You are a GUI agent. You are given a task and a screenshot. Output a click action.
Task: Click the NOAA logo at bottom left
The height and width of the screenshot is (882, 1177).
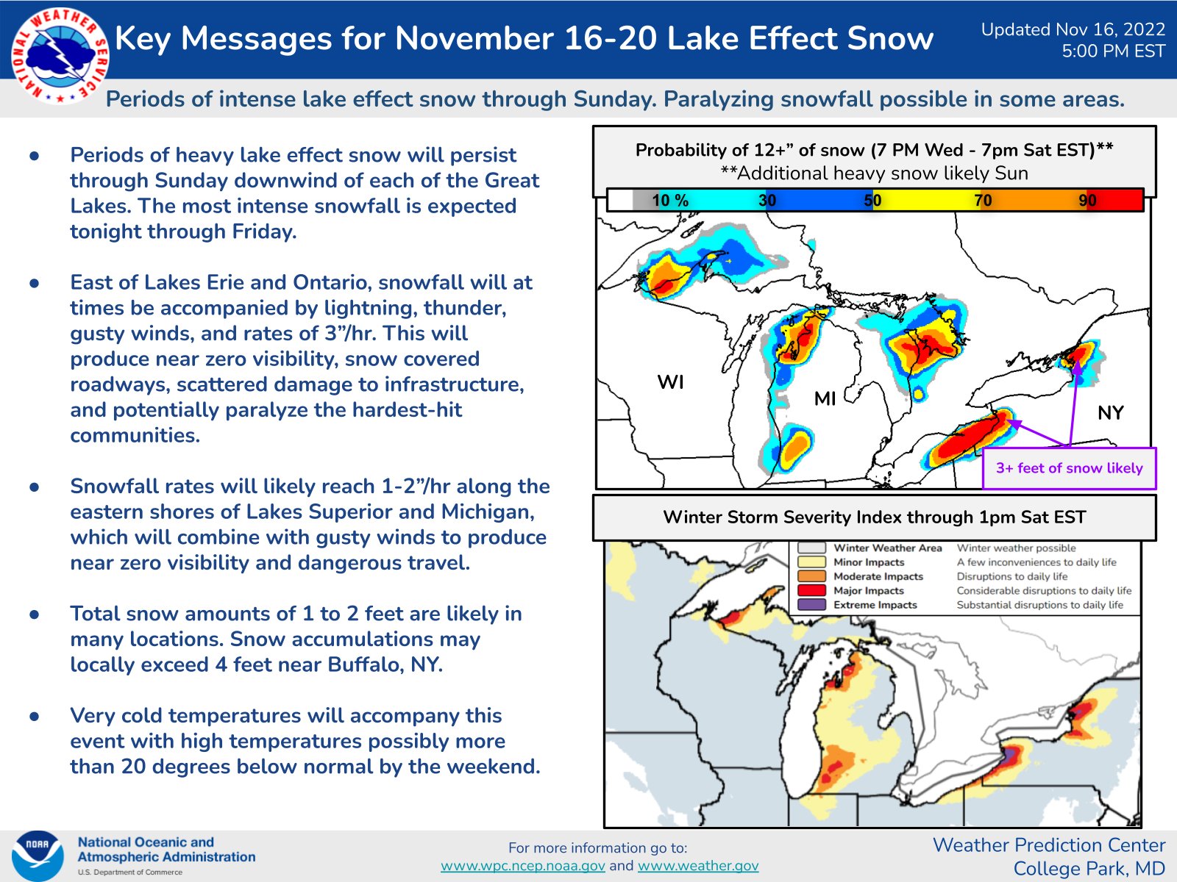coord(37,855)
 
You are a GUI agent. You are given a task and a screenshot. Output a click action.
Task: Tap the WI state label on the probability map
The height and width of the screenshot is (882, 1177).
coord(670,382)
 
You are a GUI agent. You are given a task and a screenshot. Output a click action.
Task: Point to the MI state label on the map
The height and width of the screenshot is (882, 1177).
coord(825,399)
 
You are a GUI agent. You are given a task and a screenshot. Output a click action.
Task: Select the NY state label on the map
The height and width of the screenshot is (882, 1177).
coord(1110,413)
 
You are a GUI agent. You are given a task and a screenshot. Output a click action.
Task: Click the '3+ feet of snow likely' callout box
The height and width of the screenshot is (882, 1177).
coord(1069,468)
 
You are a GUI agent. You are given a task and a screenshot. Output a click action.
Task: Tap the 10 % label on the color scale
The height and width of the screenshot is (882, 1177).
coord(669,200)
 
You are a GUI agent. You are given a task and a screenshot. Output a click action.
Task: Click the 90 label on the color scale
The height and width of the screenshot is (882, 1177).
coord(1087,200)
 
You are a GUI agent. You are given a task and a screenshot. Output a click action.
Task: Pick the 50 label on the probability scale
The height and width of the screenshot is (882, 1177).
coord(872,200)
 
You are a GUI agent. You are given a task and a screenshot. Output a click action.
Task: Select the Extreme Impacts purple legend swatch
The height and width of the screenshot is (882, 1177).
coord(811,605)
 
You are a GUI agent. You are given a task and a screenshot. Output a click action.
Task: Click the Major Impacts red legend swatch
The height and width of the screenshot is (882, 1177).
coord(811,590)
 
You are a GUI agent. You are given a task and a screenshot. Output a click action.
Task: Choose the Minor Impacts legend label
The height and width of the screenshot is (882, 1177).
coord(868,562)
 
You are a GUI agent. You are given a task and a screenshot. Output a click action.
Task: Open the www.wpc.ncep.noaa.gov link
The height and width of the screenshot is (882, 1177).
coord(522,866)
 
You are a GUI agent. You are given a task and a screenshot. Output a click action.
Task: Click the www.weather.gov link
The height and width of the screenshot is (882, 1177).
coord(697,866)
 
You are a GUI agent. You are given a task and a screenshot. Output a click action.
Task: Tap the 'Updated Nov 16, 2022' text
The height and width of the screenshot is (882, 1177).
coord(1073,29)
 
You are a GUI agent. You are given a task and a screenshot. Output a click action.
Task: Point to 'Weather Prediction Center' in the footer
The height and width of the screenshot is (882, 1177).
coord(1049,845)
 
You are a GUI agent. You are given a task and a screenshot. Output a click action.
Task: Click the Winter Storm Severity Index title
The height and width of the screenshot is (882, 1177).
coord(874,517)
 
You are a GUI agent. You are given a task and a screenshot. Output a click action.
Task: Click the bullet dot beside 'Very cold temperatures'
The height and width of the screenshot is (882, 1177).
coord(35,716)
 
